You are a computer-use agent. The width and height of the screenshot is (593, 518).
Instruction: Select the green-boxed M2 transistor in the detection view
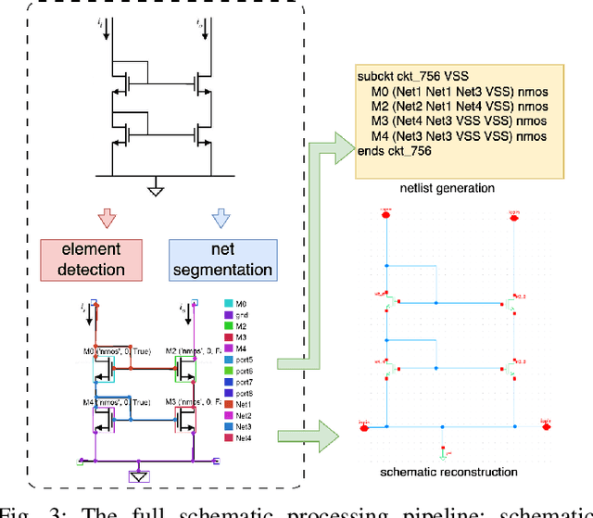tap(186, 371)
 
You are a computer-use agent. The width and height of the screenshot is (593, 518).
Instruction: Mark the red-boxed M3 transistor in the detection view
tap(186, 418)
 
